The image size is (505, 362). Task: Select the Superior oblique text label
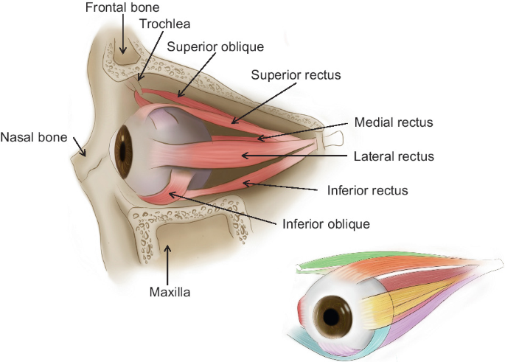tap(215, 46)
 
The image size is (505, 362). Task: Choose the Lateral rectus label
tap(394, 156)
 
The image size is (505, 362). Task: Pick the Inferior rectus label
tap(367, 191)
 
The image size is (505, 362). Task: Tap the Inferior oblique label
tap(325, 222)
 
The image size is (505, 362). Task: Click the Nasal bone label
tap(34, 137)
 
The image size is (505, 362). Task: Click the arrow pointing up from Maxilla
tap(170, 262)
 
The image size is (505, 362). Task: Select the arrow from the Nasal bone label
tap(77, 147)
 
